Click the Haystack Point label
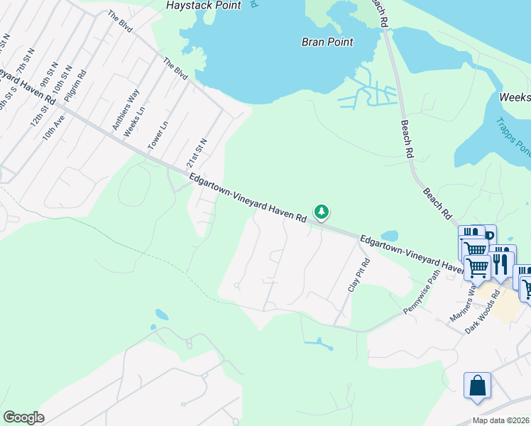pyautogui.click(x=204, y=6)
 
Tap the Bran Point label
pyautogui.click(x=327, y=42)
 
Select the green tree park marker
pyautogui.click(x=322, y=212)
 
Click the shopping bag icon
pyautogui.click(x=477, y=386)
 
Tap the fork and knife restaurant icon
pyautogui.click(x=502, y=263)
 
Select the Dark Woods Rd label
pyautogui.click(x=483, y=311)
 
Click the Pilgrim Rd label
pyautogui.click(x=75, y=87)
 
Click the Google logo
pyautogui.click(x=23, y=417)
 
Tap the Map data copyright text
pyautogui.click(x=500, y=420)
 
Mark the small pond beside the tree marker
pyautogui.click(x=389, y=236)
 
